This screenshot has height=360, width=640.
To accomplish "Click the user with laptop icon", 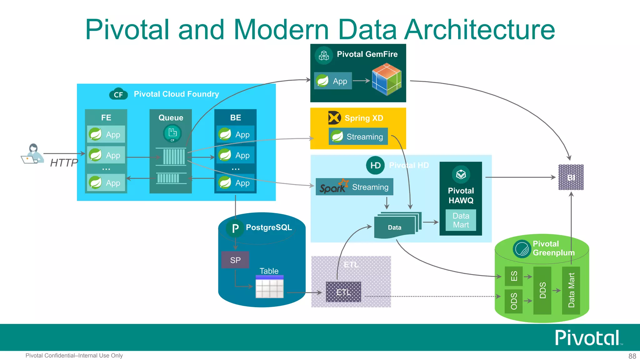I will pos(32,154).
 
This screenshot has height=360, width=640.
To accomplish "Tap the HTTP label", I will pos(64,163).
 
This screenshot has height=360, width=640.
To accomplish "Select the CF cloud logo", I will pos(118,94).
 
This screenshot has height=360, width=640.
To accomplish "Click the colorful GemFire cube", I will pos(387,79).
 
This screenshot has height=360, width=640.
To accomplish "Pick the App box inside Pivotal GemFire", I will pos(333,81).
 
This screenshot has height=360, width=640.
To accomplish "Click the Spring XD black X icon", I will pos(334,118).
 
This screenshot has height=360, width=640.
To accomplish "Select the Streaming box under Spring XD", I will pos(358,137).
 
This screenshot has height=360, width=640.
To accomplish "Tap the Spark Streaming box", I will pos(354,187).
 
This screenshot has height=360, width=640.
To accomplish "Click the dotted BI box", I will pos(571,177).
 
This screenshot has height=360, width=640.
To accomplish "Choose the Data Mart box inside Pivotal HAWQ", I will pos(461,220).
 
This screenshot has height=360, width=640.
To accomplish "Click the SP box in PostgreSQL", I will pos(235,260).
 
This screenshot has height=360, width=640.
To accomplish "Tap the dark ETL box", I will pos(343,292).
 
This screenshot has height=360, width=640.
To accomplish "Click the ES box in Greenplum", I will pos(514,276).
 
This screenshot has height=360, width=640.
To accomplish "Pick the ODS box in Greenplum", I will pos(514,301).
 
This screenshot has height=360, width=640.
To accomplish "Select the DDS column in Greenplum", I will pos(542,290).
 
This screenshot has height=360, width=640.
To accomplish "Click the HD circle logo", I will pos(375,165).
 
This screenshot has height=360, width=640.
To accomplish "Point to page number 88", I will pos(632,356).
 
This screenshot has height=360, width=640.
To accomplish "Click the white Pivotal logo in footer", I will pos(587,338).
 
